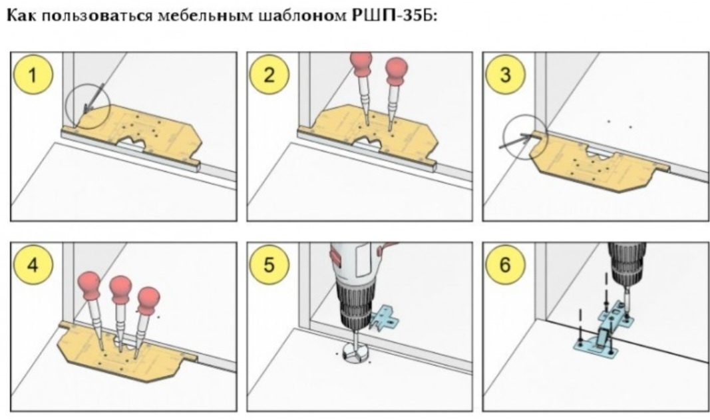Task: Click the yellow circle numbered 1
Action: point(33,75)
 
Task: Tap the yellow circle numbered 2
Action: point(269,75)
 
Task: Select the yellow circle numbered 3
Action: point(505,75)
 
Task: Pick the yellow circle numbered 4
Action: point(33,265)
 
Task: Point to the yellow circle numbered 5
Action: point(269,265)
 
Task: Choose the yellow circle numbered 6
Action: point(505,265)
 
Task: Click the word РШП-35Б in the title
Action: point(394,15)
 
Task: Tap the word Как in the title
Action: point(23,16)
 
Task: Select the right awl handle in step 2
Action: point(396,71)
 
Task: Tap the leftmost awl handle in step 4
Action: point(89,286)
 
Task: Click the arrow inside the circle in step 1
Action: point(94,97)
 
